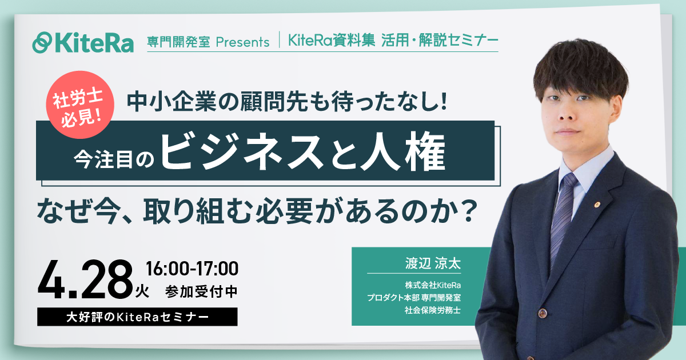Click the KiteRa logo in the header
coord(83,42)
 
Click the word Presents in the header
coord(242,42)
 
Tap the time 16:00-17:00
coord(192,267)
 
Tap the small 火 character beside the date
coord(142,293)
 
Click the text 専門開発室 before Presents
coord(178,42)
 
